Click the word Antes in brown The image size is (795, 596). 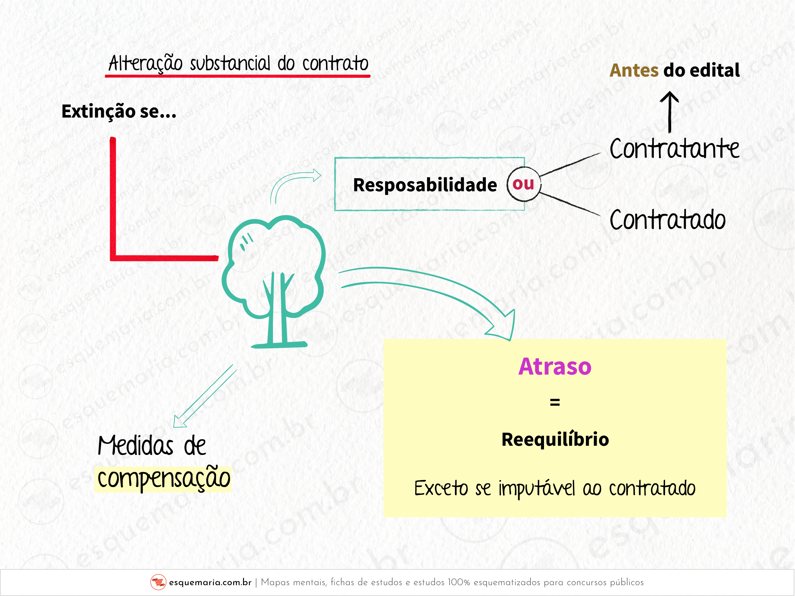pos(634,70)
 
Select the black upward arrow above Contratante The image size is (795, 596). pos(669,112)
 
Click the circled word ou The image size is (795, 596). pos(524,184)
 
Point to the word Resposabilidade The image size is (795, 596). pos(425,185)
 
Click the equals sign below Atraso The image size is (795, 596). pos(555,402)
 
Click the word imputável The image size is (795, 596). pos(537,489)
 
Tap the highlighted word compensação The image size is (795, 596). pos(164,479)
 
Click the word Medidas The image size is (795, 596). pos(136,445)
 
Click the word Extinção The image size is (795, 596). pos(98,112)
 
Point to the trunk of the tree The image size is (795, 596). pos(277,309)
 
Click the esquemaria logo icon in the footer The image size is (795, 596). pos(158,582)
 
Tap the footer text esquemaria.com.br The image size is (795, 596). pos(210,582)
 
